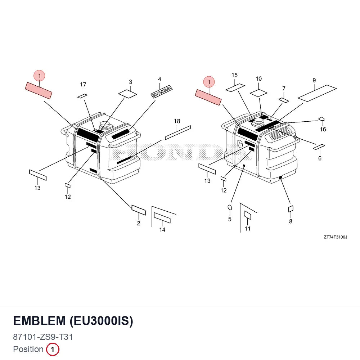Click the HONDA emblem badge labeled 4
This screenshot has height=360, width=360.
click(x=161, y=91)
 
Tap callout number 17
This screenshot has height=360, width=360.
click(x=83, y=85)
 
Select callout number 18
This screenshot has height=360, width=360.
click(x=177, y=121)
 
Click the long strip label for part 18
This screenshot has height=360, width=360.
click(x=178, y=132)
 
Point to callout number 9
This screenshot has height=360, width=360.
click(x=314, y=80)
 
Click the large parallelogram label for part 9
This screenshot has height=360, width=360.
click(x=317, y=93)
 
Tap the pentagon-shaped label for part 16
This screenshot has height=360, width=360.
click(x=321, y=119)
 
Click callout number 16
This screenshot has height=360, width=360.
click(x=323, y=129)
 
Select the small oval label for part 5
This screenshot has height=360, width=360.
click(x=230, y=208)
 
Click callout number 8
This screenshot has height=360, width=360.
click(x=291, y=221)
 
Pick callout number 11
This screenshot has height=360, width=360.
click(x=247, y=229)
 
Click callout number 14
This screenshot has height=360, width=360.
click(x=162, y=230)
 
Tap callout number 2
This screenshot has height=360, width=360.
click(x=139, y=223)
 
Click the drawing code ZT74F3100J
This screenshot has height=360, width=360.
click(x=336, y=237)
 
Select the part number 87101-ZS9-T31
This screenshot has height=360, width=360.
click(x=43, y=337)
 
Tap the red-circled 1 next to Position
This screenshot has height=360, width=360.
click(x=53, y=349)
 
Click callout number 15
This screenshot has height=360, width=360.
click(x=234, y=75)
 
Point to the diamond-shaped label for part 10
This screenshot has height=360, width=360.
click(x=258, y=93)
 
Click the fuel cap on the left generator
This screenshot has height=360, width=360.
click(x=105, y=125)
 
